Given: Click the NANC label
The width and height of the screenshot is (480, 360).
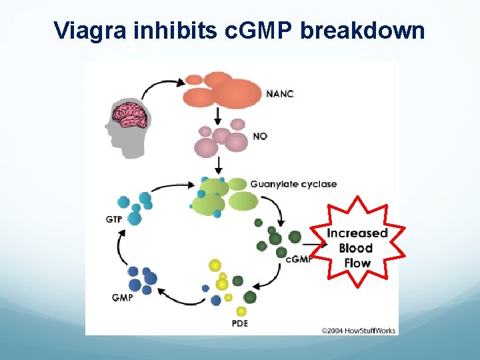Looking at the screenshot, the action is [x=279, y=93].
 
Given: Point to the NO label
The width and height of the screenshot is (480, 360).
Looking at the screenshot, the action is [x=260, y=136].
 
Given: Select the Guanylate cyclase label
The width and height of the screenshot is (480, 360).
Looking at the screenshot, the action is [x=293, y=184].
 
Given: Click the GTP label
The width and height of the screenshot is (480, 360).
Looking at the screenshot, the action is [x=113, y=219].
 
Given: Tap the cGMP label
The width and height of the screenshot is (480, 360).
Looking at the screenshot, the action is [x=299, y=259].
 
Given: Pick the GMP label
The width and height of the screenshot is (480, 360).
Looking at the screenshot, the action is [x=122, y=297].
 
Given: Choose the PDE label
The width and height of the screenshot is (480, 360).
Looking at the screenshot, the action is [x=239, y=324].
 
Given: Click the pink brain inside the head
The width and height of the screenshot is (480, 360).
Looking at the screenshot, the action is [x=130, y=115].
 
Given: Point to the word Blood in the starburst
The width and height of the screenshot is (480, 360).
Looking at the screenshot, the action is [x=356, y=248].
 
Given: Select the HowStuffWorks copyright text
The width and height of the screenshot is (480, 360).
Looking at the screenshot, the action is [x=358, y=330].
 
